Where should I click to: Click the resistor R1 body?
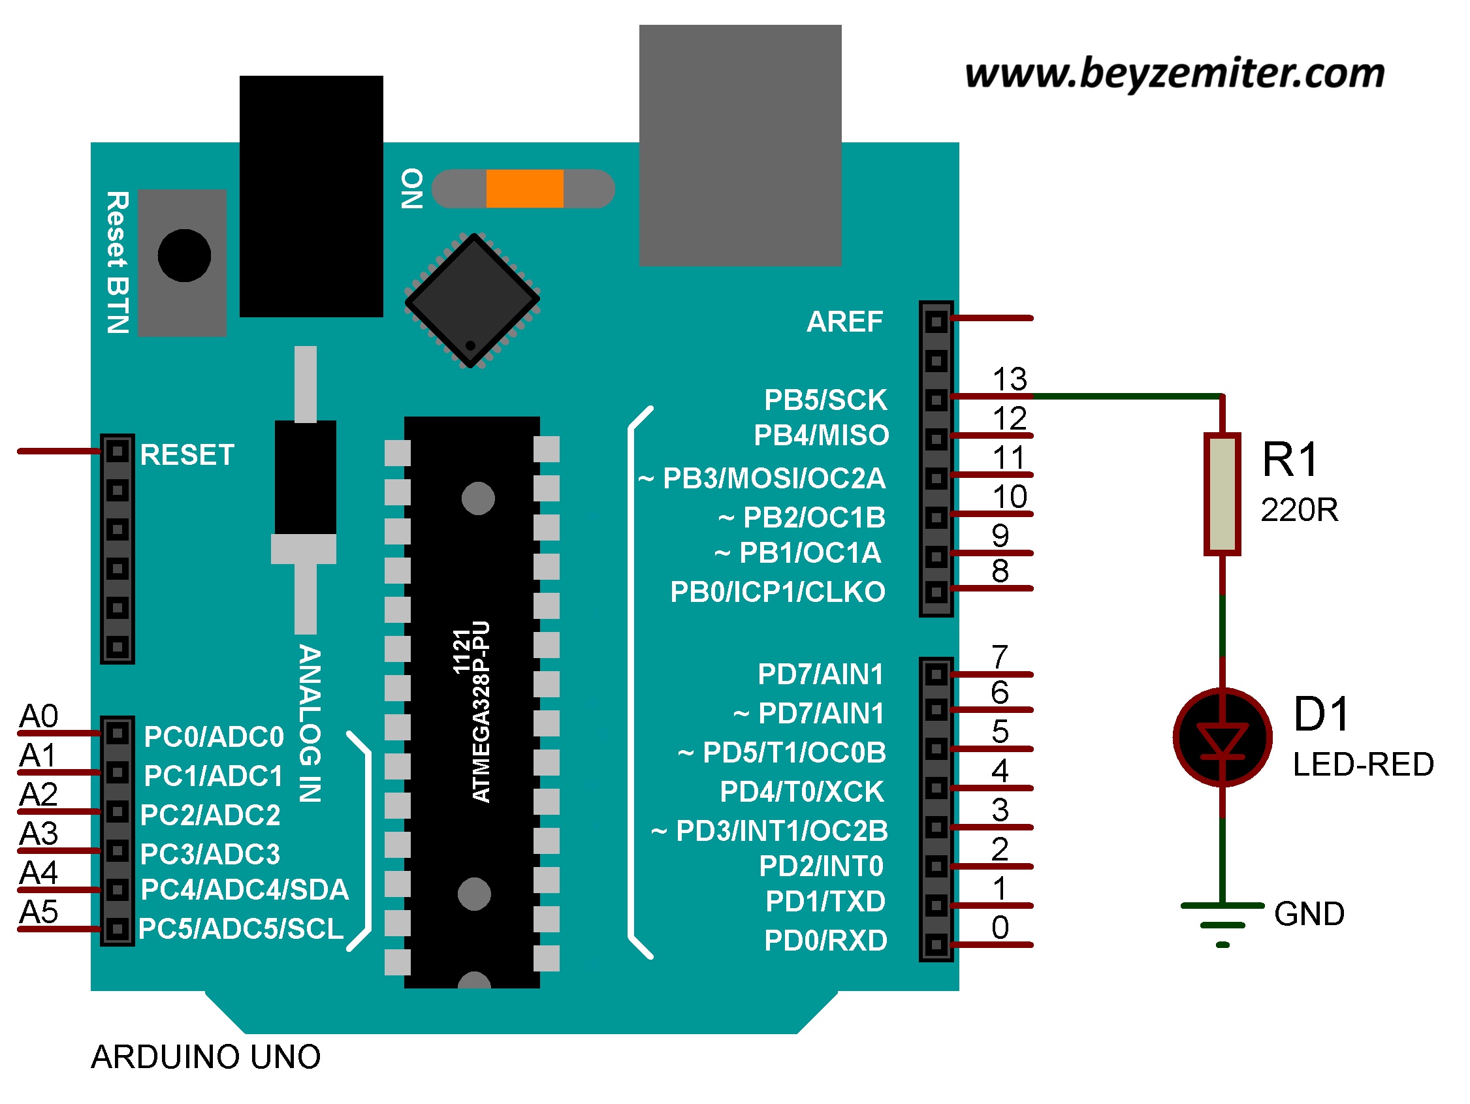click(1222, 494)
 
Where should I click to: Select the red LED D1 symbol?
click(1222, 737)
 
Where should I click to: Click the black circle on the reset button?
click(184, 256)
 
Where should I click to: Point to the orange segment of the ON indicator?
click(524, 189)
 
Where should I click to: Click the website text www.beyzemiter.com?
click(1174, 73)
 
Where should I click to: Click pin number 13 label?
click(1010, 379)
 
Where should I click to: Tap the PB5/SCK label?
click(825, 400)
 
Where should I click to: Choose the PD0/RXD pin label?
click(825, 941)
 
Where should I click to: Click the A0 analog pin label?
click(39, 717)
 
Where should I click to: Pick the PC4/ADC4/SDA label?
click(244, 890)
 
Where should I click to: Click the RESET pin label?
click(187, 455)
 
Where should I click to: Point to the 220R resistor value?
click(1299, 510)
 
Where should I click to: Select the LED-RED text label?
click(1362, 765)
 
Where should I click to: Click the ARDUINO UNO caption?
click(205, 1057)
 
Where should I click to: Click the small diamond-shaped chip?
click(472, 300)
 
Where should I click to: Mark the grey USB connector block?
click(740, 146)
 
